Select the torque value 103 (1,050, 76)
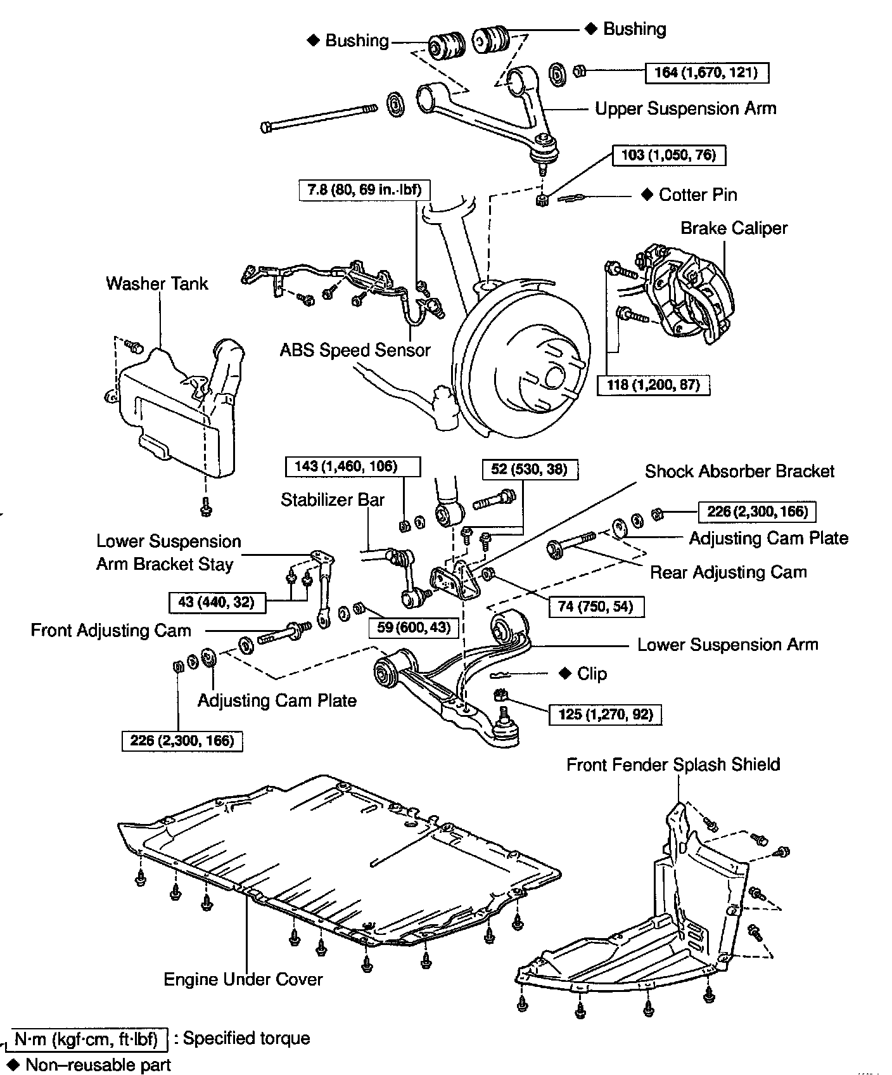pos(668,155)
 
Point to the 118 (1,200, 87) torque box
pos(653,385)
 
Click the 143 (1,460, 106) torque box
pos(353,467)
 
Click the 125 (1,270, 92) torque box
pos(605,714)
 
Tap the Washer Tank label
pos(156,283)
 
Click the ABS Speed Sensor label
pos(355,350)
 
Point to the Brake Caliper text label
pos(734,228)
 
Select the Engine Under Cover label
pos(243,979)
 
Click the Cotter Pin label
pos(698,195)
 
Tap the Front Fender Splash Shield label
pos(673,764)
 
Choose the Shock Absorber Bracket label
pos(739,471)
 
